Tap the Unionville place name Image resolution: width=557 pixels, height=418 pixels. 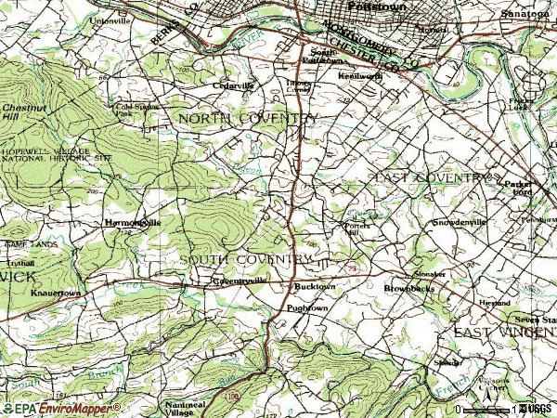109,19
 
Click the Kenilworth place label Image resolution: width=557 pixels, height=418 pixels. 358,74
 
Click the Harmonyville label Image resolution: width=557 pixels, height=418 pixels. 133,224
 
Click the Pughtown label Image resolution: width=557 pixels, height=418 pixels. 307,307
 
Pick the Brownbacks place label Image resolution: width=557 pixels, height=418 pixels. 409,289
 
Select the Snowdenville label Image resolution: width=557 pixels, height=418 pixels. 460,224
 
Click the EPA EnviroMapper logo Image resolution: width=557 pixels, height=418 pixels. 39,408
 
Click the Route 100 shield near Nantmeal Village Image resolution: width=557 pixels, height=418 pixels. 229,396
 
